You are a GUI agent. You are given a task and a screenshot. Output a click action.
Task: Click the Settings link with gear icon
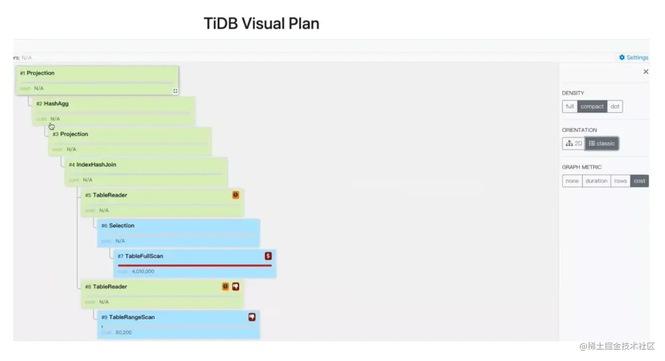point(633,57)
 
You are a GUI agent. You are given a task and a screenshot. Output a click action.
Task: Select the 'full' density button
point(570,106)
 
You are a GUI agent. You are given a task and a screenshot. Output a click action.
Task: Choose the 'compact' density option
point(592,106)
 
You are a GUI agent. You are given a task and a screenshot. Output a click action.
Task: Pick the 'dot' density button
point(615,106)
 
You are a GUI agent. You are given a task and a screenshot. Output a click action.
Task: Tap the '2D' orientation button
point(574,143)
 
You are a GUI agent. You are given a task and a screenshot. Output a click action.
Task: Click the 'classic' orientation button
point(602,143)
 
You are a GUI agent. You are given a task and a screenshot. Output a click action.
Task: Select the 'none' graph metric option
point(572,181)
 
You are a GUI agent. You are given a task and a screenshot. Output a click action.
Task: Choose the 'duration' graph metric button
point(596,181)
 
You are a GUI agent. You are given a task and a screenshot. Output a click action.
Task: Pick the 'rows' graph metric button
point(620,181)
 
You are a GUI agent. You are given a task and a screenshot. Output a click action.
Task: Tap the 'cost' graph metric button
point(639,181)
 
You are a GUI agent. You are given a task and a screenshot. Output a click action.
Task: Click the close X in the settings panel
point(646,72)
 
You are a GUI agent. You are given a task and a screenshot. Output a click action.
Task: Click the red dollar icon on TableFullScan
point(268,256)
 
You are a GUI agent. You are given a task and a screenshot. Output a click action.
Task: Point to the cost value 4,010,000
point(143,271)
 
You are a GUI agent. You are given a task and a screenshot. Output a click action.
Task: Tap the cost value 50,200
point(124,332)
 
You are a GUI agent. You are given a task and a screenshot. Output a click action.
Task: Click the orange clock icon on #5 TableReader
point(236,195)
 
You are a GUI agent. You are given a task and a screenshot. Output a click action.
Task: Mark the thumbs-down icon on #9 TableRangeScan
point(252,317)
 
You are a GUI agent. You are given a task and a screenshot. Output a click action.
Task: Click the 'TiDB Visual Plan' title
point(261,24)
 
